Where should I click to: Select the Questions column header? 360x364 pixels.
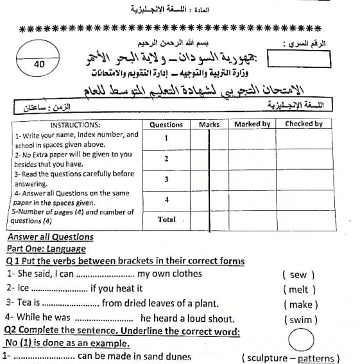click(x=166, y=124)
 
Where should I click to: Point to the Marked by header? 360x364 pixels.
click(x=252, y=124)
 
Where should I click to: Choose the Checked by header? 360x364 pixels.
click(x=304, y=124)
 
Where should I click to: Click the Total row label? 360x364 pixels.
click(x=166, y=219)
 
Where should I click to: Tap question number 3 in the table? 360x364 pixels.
click(x=166, y=179)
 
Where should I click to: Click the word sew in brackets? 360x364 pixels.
click(x=299, y=274)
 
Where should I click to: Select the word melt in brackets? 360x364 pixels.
click(x=299, y=289)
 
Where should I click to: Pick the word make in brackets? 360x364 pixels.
click(x=300, y=304)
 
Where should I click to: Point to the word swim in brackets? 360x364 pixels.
click(x=300, y=318)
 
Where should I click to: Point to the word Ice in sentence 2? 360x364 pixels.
click(x=23, y=289)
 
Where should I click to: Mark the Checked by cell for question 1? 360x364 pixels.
click(x=304, y=138)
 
